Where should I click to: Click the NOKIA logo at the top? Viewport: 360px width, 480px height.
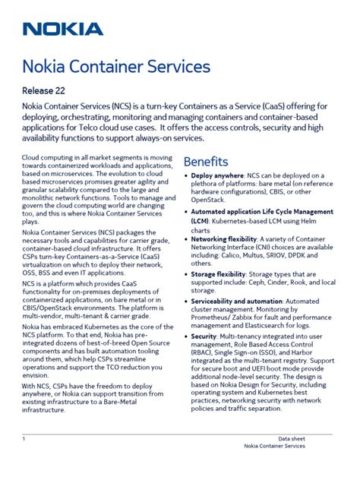click(62, 30)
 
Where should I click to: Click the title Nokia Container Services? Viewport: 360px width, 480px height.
click(115, 67)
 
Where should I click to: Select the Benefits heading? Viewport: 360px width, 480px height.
click(205, 162)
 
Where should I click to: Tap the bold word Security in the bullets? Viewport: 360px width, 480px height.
click(204, 336)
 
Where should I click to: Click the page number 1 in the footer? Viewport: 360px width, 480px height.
click(24, 439)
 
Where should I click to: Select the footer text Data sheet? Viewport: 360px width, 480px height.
click(292, 439)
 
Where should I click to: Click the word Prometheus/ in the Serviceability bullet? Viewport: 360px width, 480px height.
click(210, 319)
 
